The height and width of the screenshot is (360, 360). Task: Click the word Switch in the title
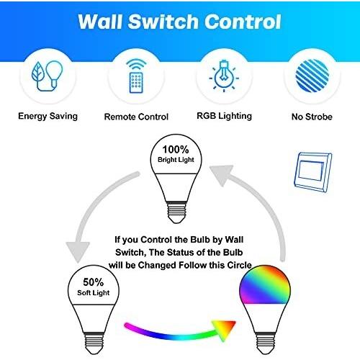click(163, 22)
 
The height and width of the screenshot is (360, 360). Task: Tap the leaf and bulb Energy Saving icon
click(48, 76)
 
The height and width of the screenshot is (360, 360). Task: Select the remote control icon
click(136, 76)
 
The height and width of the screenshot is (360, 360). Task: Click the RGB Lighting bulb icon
click(224, 76)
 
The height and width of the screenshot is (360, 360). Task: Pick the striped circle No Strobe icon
click(312, 76)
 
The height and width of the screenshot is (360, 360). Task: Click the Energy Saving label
click(48, 117)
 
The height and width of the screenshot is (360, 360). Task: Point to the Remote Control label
click(136, 117)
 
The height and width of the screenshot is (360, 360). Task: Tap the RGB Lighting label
click(224, 116)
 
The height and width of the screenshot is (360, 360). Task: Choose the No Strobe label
click(312, 117)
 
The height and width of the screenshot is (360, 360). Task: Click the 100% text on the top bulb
click(176, 150)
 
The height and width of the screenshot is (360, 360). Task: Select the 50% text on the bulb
click(94, 282)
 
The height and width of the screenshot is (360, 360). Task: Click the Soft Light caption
click(94, 293)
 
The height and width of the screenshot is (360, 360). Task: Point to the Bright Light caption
click(176, 160)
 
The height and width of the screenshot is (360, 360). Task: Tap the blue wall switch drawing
click(313, 172)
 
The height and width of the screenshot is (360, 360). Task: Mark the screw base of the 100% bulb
click(177, 212)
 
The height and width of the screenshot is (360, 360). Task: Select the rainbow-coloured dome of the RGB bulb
click(265, 284)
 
